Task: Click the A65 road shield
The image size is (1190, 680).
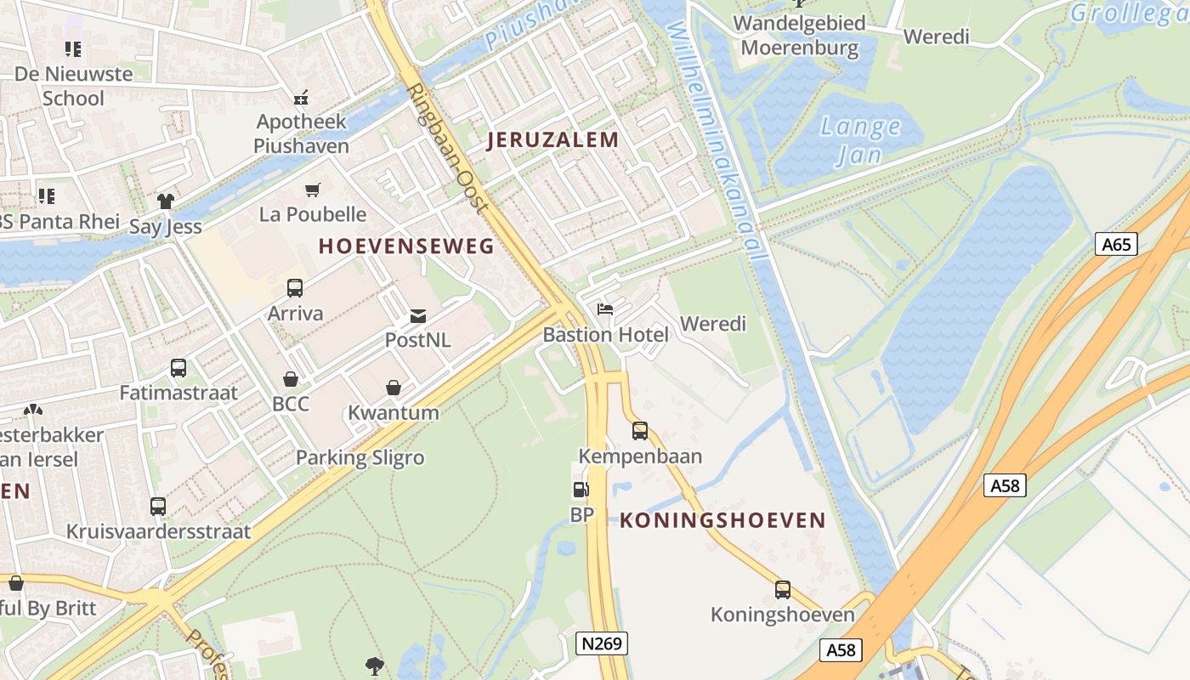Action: (x=1116, y=245)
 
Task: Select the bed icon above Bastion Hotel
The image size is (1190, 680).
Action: (x=605, y=309)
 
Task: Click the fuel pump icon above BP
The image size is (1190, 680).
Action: (x=581, y=490)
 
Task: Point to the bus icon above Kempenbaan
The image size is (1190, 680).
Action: (x=640, y=431)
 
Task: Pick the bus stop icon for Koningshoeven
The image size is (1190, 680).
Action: (x=782, y=589)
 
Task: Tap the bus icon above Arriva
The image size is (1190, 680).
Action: (x=295, y=288)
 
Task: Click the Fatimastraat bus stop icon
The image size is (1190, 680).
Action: (x=178, y=368)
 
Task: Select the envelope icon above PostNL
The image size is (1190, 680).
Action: (x=417, y=316)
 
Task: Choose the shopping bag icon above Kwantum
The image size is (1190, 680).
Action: (x=394, y=388)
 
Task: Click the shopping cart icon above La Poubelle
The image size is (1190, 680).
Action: (x=313, y=190)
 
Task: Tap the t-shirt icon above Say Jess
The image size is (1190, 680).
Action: (x=165, y=201)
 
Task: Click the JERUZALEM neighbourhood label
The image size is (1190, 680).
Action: (x=552, y=140)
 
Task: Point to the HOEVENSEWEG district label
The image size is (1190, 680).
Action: (x=406, y=246)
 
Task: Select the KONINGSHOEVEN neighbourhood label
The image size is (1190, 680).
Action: (x=722, y=520)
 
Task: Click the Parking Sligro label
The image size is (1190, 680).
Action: (x=360, y=458)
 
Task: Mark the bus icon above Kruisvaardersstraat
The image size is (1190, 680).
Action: (x=158, y=507)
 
